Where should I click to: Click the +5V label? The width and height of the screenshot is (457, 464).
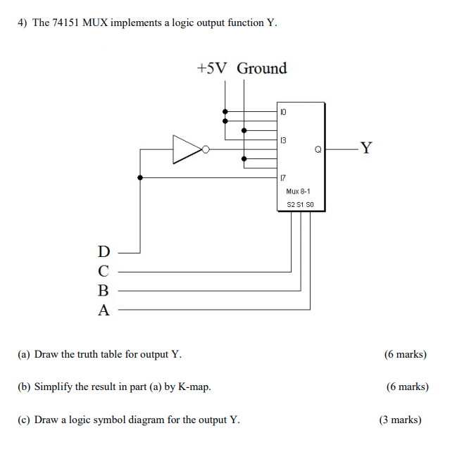(212, 68)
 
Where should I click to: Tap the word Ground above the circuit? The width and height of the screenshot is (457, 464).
(262, 68)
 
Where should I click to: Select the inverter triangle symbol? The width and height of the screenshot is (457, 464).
(187, 149)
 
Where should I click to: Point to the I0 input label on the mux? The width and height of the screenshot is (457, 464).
(283, 111)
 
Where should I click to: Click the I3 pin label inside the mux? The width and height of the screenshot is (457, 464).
(283, 141)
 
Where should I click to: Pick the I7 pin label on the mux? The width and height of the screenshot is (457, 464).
(283, 177)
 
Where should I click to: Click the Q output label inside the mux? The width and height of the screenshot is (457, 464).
(318, 149)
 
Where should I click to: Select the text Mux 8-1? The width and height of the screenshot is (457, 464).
(299, 192)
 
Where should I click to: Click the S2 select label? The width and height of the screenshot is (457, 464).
(291, 206)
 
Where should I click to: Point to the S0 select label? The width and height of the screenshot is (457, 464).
(310, 206)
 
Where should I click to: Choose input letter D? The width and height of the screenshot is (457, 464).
(104, 251)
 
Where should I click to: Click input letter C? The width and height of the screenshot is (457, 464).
(104, 270)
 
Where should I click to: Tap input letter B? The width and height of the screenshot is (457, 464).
(104, 290)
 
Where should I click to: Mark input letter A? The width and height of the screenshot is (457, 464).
(104, 310)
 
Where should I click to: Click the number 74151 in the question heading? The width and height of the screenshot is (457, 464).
(65, 23)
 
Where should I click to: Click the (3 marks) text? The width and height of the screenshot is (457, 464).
(400, 420)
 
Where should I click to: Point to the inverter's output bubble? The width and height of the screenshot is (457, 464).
(206, 149)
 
